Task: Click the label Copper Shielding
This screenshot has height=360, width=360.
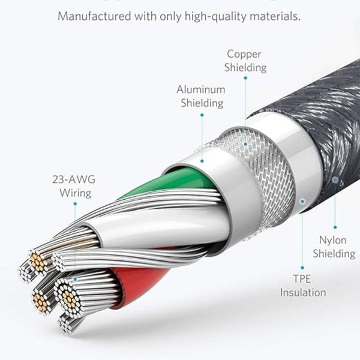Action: pos(245,61)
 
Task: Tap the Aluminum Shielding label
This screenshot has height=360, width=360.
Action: pos(201,96)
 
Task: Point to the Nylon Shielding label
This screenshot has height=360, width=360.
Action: pos(334,247)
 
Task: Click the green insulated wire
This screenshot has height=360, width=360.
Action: pos(174,180)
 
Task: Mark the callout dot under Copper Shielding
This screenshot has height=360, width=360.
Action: pos(245,145)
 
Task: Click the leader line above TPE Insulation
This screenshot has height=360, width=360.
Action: pos(302,240)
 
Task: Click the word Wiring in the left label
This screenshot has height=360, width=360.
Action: pos(75,193)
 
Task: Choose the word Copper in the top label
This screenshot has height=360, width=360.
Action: pos(244,54)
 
